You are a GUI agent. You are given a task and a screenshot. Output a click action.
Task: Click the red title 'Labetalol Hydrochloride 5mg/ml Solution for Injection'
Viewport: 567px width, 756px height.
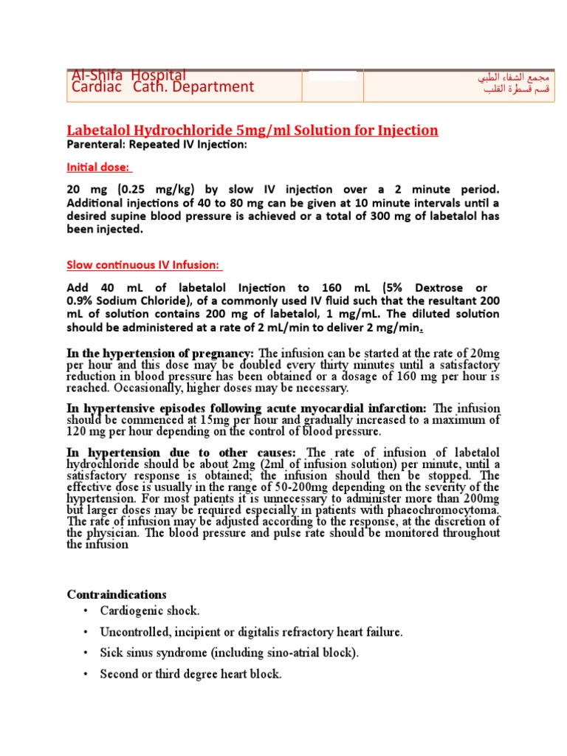click(x=252, y=131)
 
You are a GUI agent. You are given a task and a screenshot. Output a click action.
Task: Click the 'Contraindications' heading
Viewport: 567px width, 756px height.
click(x=117, y=594)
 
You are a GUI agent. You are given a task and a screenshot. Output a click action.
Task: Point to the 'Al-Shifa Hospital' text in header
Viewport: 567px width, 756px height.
click(x=128, y=75)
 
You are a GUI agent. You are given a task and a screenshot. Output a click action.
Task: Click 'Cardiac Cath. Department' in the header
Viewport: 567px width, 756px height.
click(x=162, y=87)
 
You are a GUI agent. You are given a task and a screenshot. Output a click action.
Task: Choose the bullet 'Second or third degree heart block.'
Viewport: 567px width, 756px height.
click(x=190, y=674)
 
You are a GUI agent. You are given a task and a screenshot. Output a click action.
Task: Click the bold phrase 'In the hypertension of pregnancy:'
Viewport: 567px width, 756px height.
click(x=161, y=354)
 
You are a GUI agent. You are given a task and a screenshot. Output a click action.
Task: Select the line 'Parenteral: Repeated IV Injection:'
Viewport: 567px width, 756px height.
click(x=157, y=145)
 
